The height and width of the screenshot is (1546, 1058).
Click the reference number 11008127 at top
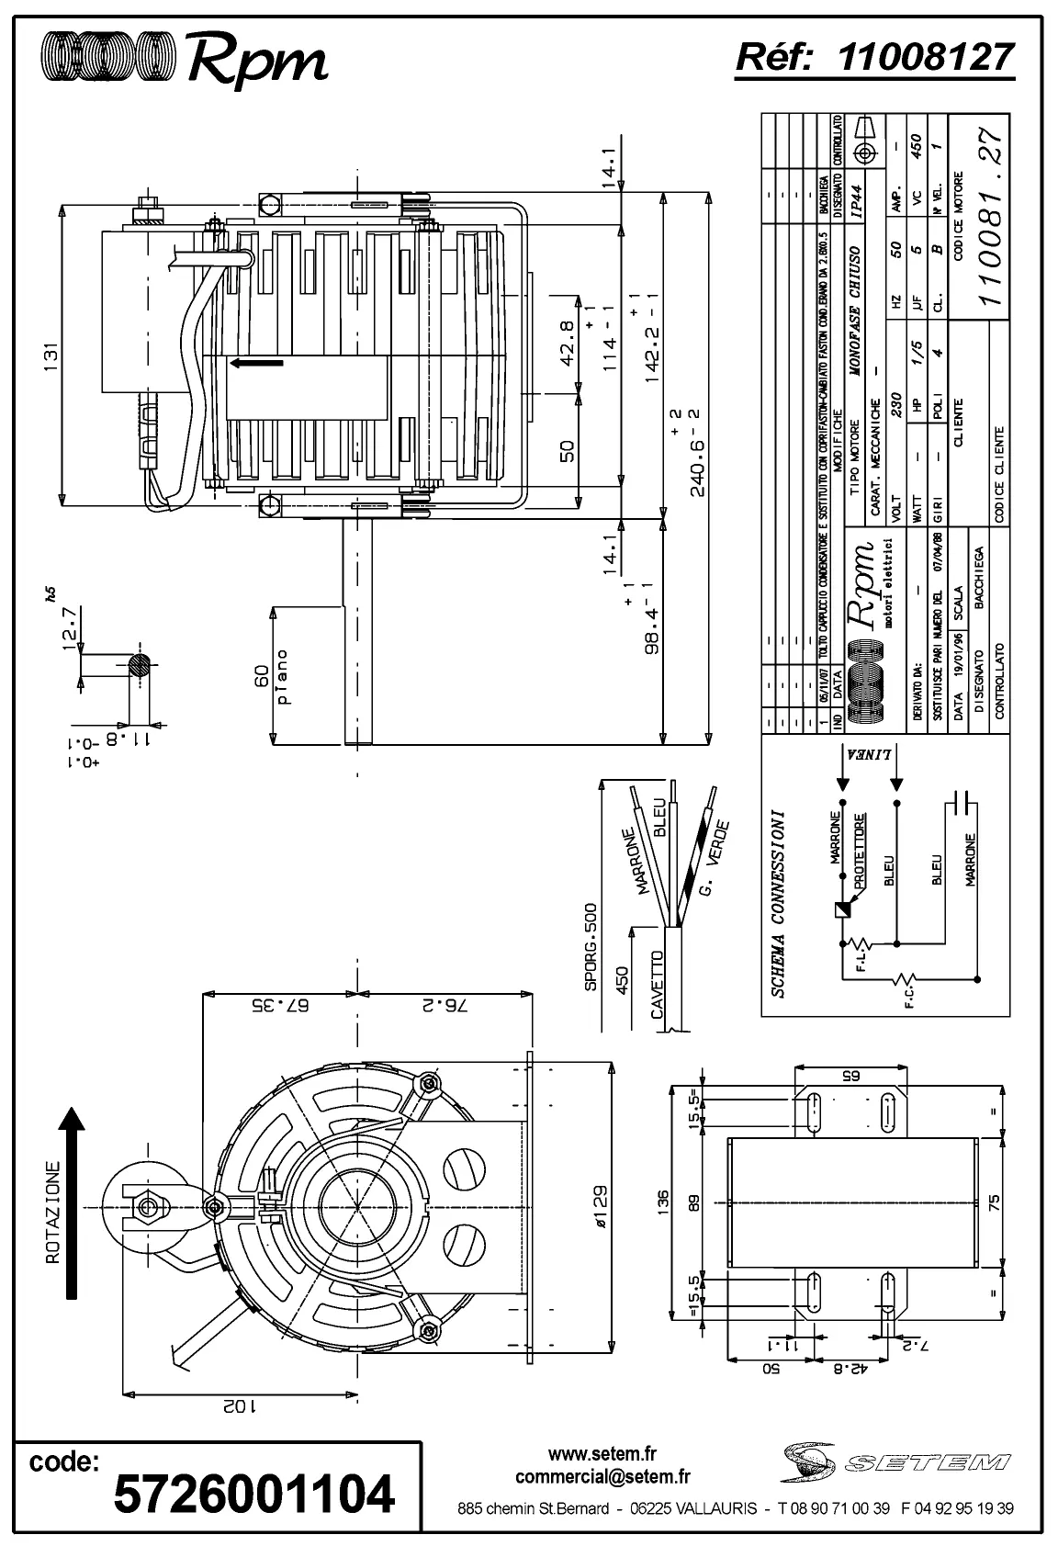pyautogui.click(x=927, y=57)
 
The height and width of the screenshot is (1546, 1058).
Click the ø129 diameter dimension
pyautogui.click(x=600, y=1205)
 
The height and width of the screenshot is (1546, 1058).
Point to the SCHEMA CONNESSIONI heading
pyautogui.click(x=778, y=903)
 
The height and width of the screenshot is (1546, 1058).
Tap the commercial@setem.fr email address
pyautogui.click(x=602, y=1477)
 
